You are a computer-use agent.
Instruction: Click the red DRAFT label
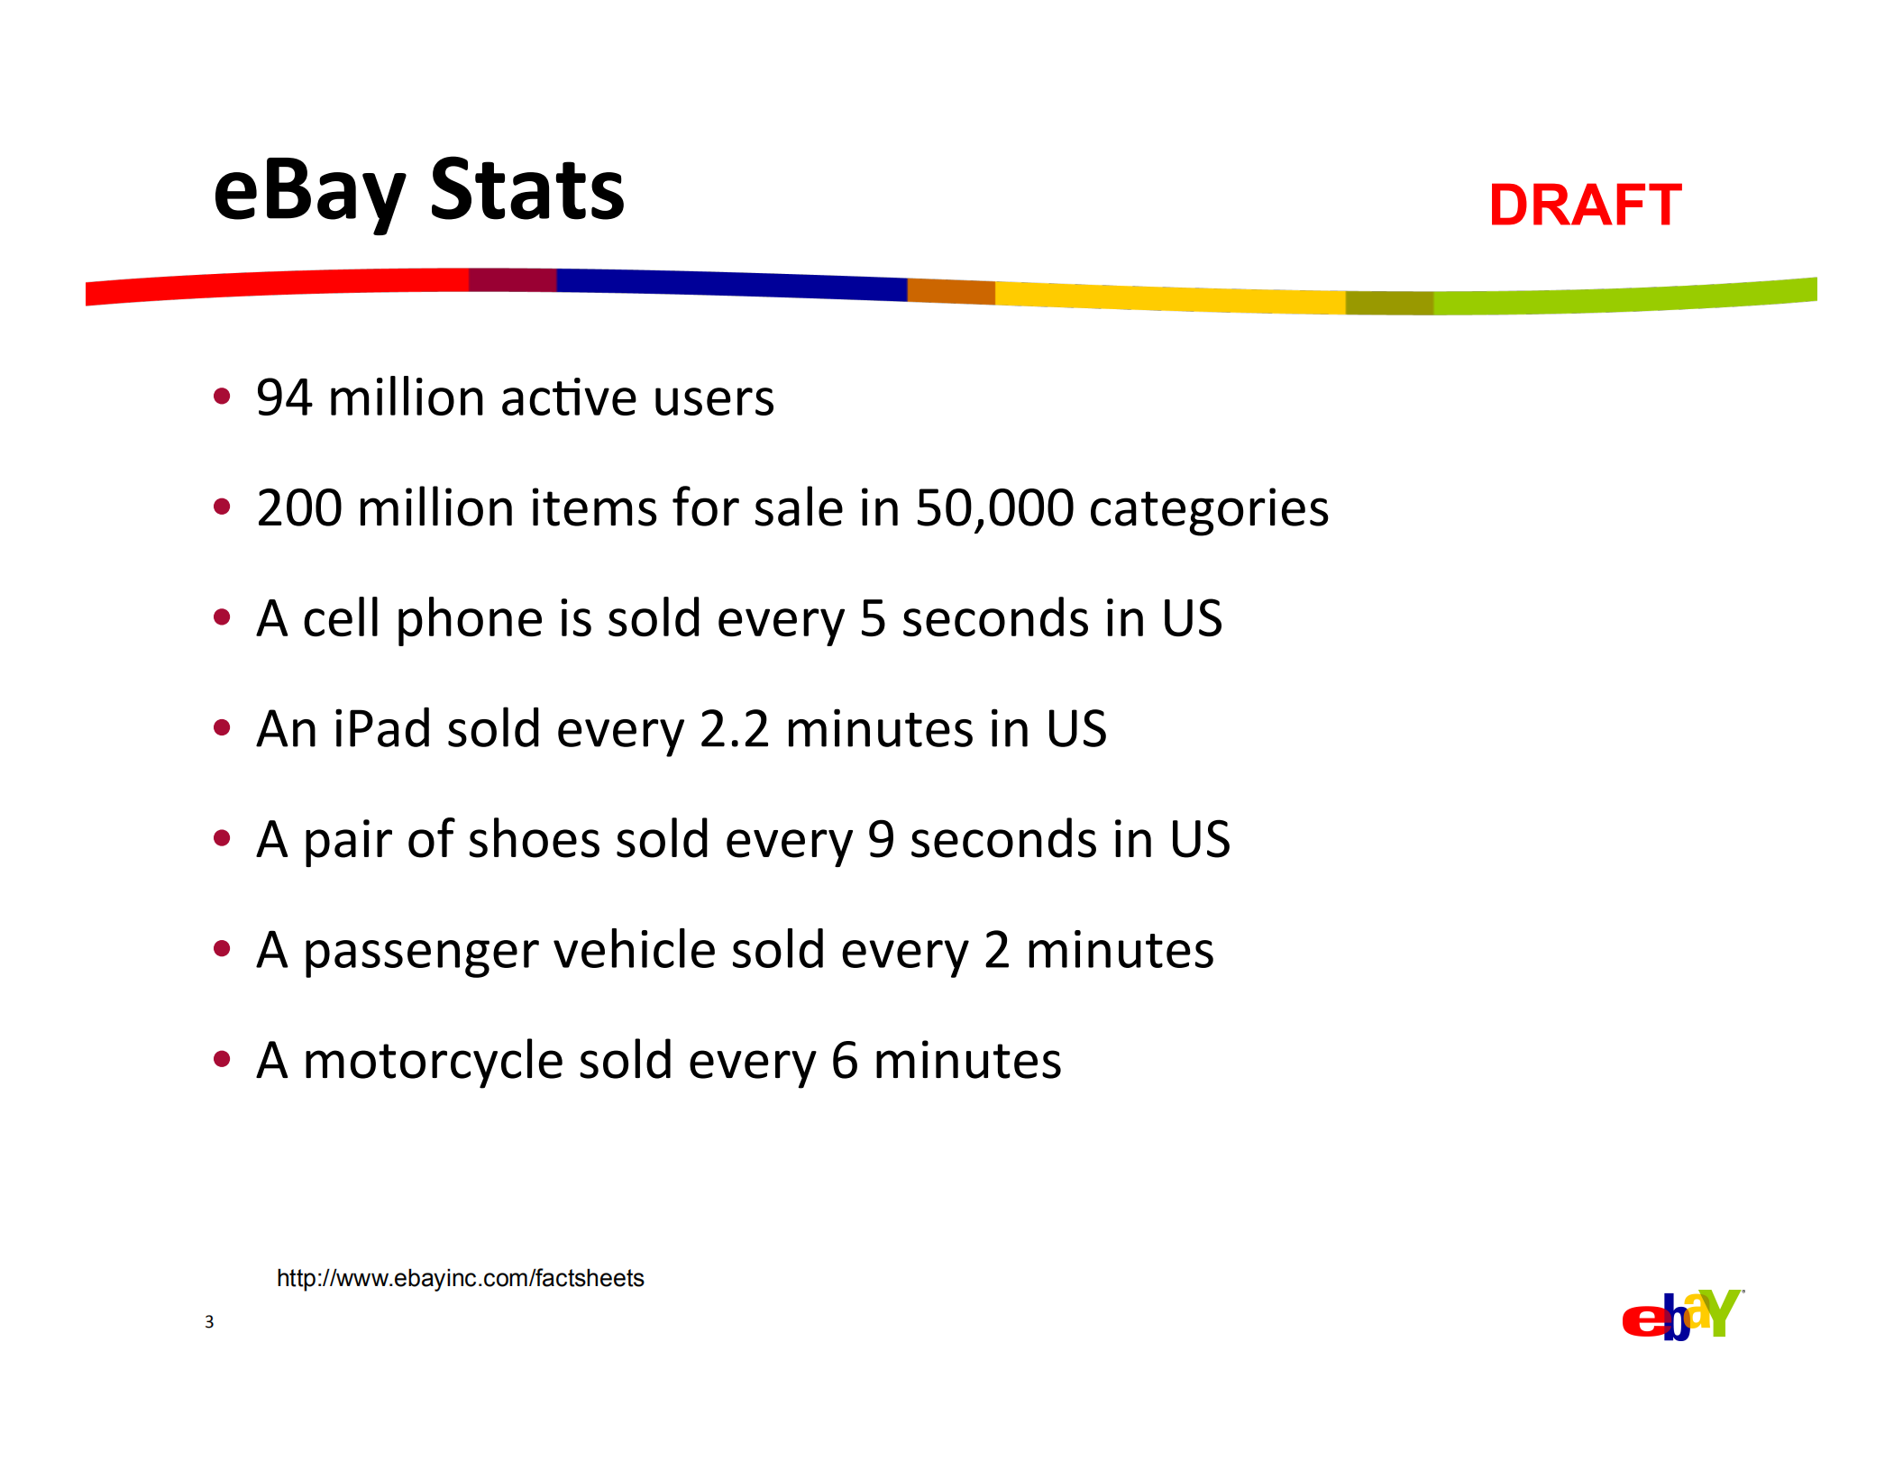click(1584, 205)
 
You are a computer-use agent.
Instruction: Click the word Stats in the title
click(526, 191)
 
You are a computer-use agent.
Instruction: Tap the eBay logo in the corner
click(1681, 1315)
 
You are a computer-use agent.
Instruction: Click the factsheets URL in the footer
click(460, 1278)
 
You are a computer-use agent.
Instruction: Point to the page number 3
click(209, 1322)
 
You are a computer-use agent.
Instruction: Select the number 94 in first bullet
click(284, 398)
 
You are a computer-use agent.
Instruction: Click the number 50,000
click(994, 508)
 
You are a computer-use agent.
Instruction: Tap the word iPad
click(382, 729)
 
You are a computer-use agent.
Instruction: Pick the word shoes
click(534, 840)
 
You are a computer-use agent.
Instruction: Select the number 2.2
click(734, 729)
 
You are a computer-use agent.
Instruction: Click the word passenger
click(419, 951)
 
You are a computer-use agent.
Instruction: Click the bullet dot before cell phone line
click(222, 617)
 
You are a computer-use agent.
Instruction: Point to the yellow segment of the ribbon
click(1172, 298)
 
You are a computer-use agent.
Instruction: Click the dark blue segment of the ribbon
click(730, 284)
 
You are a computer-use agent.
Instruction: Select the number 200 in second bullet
click(298, 508)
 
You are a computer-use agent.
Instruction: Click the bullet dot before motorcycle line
click(222, 1059)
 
